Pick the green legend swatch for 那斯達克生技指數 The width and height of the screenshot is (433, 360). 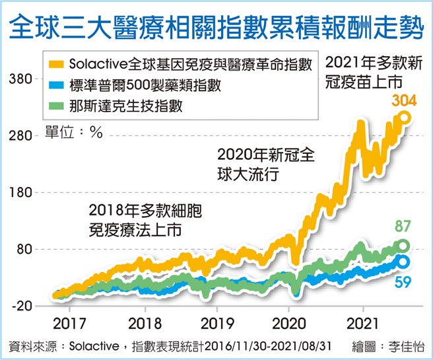coord(57,105)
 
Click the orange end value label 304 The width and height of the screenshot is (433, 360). coord(404,101)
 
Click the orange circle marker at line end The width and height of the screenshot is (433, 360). coord(405,118)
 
